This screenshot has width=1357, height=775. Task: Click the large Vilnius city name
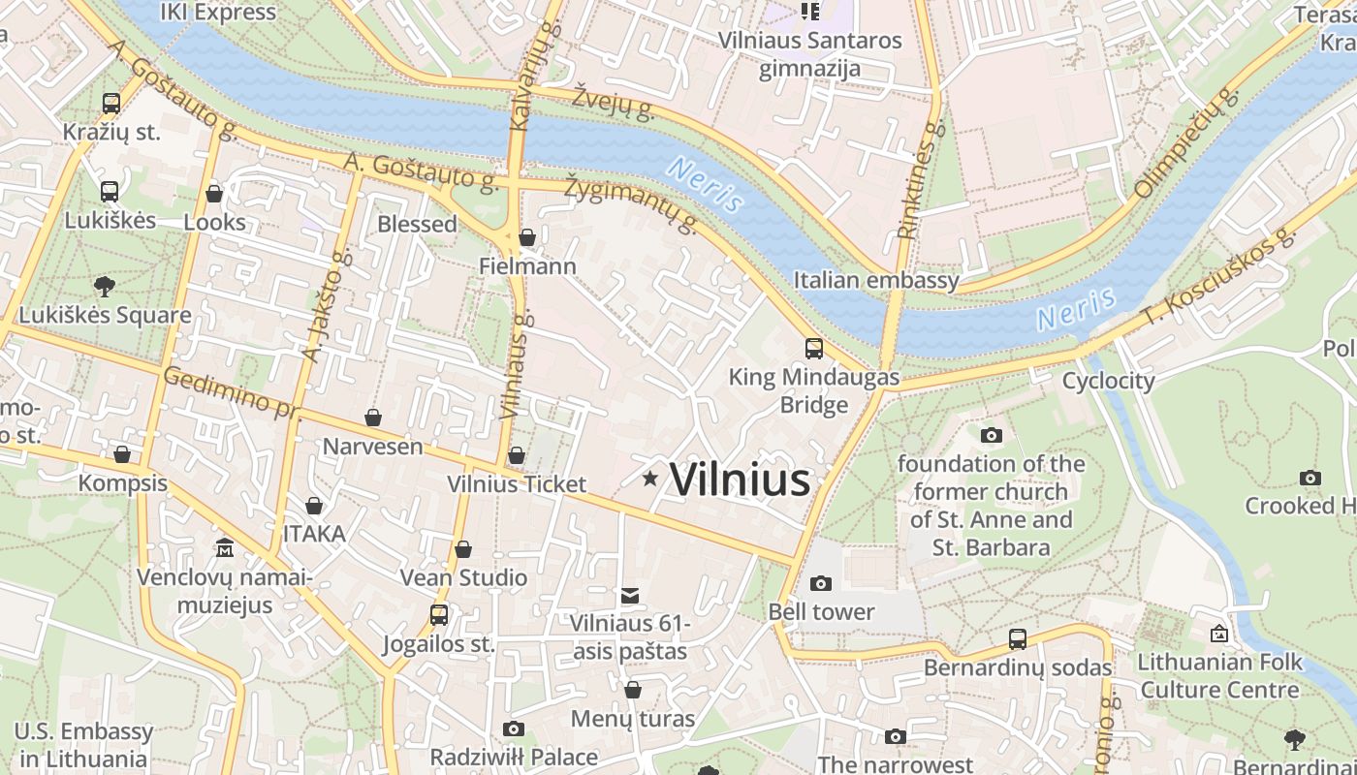(x=740, y=480)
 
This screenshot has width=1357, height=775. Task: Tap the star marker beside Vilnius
(x=649, y=479)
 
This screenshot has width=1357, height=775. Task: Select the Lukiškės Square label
(x=105, y=315)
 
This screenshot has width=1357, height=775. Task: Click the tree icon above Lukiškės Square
(x=104, y=286)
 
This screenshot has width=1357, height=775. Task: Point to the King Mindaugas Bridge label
(x=813, y=390)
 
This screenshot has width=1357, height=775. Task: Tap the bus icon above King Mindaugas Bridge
(x=814, y=349)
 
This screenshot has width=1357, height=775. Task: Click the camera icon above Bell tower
(x=821, y=583)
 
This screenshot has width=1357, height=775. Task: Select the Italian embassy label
(x=875, y=281)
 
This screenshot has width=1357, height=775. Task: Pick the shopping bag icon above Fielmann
(x=527, y=237)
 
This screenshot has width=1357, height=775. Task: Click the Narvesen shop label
(x=372, y=447)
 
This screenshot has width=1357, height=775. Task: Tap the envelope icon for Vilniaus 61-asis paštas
(x=630, y=594)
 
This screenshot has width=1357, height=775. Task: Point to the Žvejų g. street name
(x=613, y=102)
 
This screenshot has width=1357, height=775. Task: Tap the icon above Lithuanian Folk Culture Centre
(x=1219, y=634)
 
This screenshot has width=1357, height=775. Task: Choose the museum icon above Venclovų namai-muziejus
(x=225, y=548)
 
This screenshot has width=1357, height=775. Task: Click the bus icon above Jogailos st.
(x=439, y=614)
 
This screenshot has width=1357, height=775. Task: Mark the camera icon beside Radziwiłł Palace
(x=514, y=728)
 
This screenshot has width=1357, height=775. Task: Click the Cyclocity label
(x=1108, y=381)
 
